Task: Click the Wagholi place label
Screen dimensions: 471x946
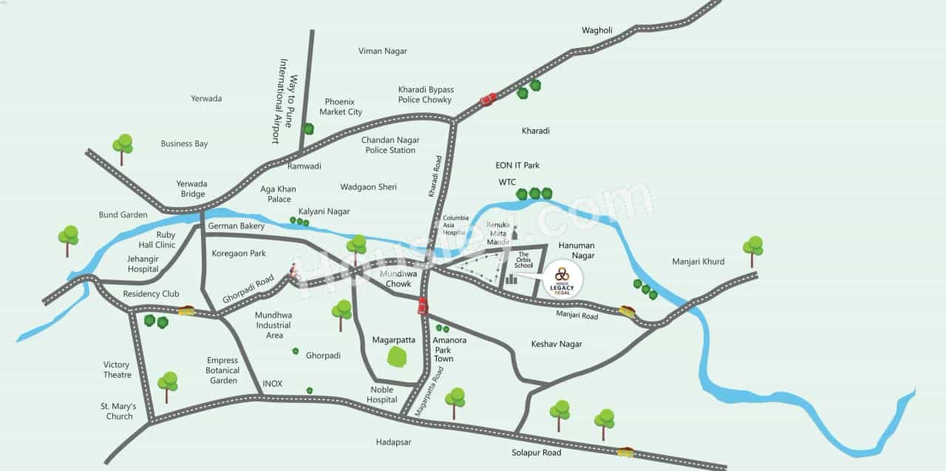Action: [597, 30]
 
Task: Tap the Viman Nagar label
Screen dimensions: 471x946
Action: [383, 51]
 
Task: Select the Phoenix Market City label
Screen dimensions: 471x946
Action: [341, 107]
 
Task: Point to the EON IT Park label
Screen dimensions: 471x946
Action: [517, 166]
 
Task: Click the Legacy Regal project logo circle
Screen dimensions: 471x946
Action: [562, 279]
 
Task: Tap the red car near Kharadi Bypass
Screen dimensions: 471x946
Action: [488, 99]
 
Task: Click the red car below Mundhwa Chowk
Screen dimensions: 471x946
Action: [423, 305]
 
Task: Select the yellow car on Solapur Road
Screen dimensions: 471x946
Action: [625, 451]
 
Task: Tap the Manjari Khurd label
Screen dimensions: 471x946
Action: [698, 262]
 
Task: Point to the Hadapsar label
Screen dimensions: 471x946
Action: [393, 442]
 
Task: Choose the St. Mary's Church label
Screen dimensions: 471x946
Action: [117, 411]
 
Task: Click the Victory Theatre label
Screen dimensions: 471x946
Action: [117, 370]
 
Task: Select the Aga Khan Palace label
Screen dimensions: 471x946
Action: [278, 194]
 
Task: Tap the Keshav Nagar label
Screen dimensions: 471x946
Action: [557, 344]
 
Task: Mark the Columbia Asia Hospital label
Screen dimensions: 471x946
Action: [455, 225]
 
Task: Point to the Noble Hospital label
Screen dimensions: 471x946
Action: [382, 395]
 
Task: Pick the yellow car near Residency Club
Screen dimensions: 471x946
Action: [186, 311]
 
